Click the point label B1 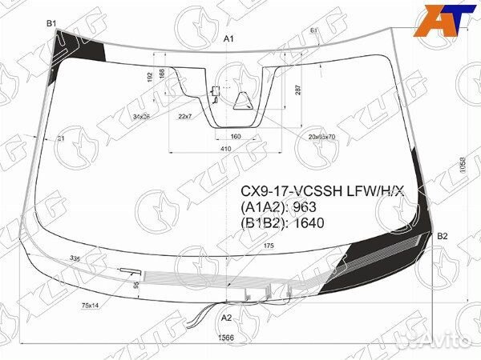pyautogui.click(x=51, y=24)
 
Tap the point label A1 pyautogui.click(x=228, y=39)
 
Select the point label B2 pyautogui.click(x=442, y=235)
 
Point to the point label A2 pyautogui.click(x=227, y=318)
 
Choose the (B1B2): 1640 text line pyautogui.click(x=283, y=223)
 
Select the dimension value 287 pyautogui.click(x=298, y=89)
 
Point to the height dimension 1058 pyautogui.click(x=463, y=167)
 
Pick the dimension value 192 pyautogui.click(x=150, y=77)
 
